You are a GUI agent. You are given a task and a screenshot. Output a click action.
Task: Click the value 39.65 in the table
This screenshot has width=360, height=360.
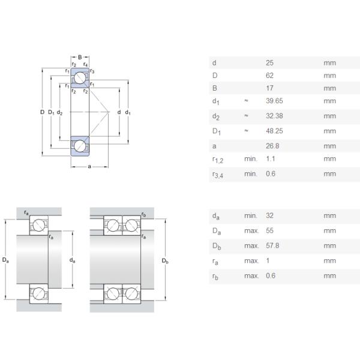(274, 101)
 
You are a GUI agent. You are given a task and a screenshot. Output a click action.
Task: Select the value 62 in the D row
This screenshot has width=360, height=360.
(269, 76)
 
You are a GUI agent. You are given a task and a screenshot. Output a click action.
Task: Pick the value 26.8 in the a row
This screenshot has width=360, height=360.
(272, 146)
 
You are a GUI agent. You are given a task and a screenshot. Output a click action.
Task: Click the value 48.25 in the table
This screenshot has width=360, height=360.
(274, 130)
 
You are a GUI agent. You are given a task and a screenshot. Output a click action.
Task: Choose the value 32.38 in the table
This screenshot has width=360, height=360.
(274, 116)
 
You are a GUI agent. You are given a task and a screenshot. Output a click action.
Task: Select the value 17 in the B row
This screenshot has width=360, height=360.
(269, 88)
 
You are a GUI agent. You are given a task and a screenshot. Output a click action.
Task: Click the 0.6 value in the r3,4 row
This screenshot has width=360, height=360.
(271, 174)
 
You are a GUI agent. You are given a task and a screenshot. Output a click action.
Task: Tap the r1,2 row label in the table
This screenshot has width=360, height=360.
(218, 160)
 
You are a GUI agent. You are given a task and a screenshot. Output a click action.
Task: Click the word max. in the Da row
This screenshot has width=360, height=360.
(251, 231)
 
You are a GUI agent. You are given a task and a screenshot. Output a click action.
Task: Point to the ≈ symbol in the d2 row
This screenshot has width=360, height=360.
(246, 116)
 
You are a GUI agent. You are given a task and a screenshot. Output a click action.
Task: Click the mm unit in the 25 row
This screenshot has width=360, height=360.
(329, 63)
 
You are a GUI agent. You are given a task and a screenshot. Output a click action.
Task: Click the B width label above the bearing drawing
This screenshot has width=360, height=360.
(80, 57)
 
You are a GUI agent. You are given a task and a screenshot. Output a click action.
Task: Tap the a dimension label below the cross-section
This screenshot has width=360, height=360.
(89, 166)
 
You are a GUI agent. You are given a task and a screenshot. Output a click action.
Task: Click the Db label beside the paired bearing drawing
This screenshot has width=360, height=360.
(166, 261)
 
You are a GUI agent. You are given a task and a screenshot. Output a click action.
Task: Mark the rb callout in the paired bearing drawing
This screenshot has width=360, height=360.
(143, 214)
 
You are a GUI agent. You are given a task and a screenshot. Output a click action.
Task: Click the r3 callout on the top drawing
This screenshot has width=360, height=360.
(92, 72)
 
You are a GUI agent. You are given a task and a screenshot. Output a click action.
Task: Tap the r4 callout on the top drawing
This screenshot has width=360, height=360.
(86, 64)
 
